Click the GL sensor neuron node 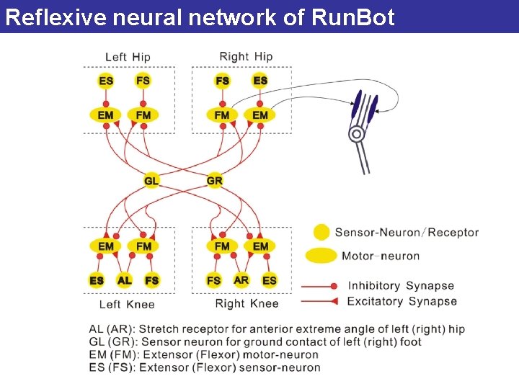click(x=151, y=180)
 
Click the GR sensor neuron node click(x=215, y=180)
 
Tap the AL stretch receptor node click(x=125, y=280)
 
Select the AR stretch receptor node click(x=241, y=280)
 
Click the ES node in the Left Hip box click(x=106, y=81)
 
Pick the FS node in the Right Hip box click(x=223, y=81)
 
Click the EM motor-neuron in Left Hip click(x=106, y=115)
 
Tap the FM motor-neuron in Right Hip click(x=222, y=115)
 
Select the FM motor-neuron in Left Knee click(x=144, y=246)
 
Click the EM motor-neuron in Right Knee click(x=260, y=246)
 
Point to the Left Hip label click(x=128, y=57)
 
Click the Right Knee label click(x=247, y=303)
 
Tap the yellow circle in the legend click(x=321, y=232)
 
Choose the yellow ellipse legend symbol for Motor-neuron click(x=321, y=256)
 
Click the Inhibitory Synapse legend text click(x=401, y=286)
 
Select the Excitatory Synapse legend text click(x=402, y=301)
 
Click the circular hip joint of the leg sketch click(x=356, y=134)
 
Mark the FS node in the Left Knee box click(x=151, y=280)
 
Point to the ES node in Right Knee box click(x=270, y=280)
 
